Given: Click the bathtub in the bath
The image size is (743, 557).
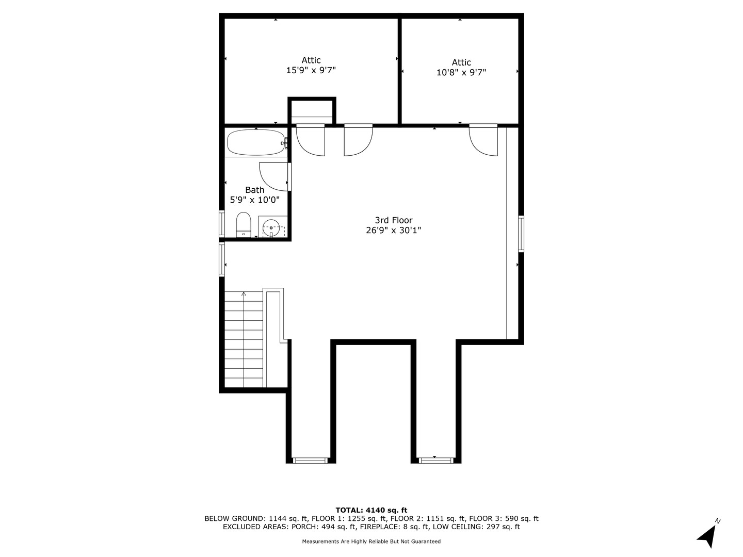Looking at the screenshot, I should point(256,142).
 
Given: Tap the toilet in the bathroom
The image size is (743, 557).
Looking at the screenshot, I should point(243,224).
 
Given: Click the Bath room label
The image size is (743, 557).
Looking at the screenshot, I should point(254,190).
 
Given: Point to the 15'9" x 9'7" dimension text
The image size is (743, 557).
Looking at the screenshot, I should point(311,70).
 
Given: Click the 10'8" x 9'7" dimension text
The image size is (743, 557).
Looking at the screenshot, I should point(461,73).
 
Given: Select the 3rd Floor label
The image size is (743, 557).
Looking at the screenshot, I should point(393,220).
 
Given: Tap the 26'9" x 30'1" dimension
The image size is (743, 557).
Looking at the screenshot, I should point(393,231).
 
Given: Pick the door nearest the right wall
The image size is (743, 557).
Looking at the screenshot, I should point(483,140).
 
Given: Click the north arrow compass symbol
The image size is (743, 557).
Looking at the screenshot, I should point(708,535).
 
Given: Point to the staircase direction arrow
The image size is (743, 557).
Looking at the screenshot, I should point(244,295).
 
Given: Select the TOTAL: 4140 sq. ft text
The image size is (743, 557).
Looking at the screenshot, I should point(371,510).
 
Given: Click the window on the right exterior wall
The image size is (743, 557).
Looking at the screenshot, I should point(521,234).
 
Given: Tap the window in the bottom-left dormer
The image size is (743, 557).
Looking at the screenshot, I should point(310,460).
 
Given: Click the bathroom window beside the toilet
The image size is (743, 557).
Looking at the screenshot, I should point(222,224).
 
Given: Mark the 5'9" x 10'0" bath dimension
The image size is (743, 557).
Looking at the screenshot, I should point(254,200).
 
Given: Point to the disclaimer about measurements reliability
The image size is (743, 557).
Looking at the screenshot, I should point(371,542).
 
